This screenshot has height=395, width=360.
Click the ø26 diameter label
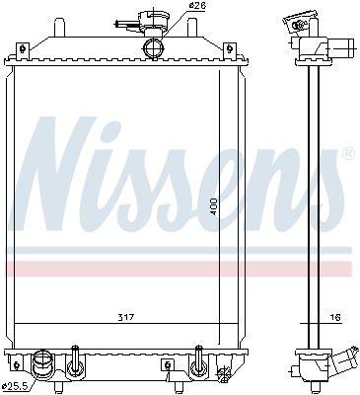(x=197, y=5)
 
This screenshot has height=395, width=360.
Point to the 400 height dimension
(x=214, y=206)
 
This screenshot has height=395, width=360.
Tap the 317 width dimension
(x=126, y=318)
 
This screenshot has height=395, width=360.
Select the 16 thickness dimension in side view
(x=336, y=318)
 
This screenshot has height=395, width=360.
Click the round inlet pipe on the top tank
(x=153, y=48)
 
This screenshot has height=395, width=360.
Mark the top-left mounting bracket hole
(x=23, y=49)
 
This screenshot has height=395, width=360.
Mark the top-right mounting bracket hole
(x=230, y=49)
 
